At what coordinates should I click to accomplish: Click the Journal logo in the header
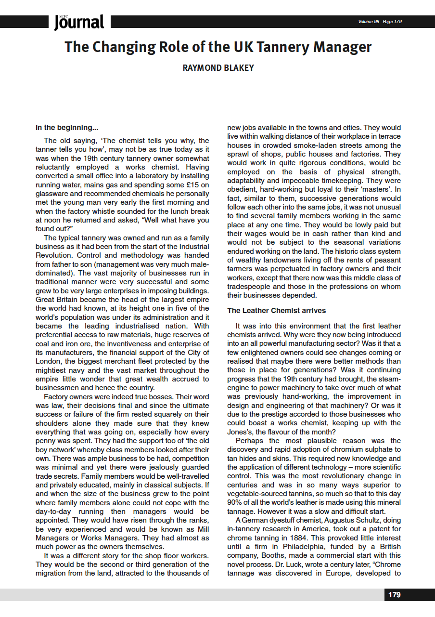click(x=79, y=22)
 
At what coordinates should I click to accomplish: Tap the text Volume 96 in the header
click(x=369, y=22)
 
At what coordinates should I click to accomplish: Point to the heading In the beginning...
click(x=67, y=128)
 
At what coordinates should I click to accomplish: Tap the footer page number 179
click(x=394, y=595)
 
